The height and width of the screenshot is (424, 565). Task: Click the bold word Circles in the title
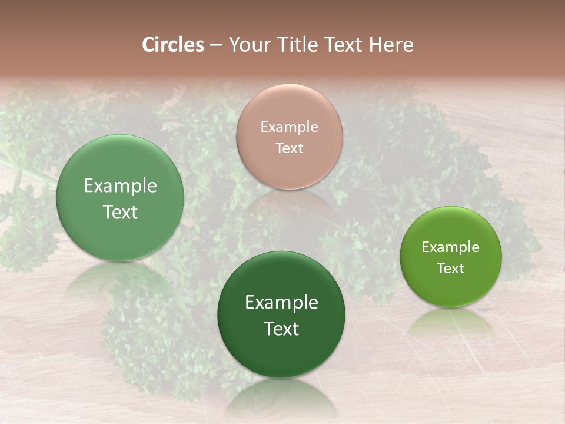coord(172,45)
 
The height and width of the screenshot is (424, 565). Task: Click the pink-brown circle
coord(289,137)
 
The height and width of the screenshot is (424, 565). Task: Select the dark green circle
coord(281,315)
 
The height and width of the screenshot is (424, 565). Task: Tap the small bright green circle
coord(450,257)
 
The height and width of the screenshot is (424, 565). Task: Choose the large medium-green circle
coord(120,198)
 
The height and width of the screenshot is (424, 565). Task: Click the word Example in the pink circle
coord(289,127)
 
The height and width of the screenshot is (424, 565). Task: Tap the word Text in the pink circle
coord(289,148)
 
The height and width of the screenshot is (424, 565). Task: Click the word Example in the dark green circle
coord(281,302)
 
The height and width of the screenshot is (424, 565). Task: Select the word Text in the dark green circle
coord(281,329)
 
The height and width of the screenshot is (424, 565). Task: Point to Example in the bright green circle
coord(450,247)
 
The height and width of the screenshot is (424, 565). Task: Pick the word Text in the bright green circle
coord(450,268)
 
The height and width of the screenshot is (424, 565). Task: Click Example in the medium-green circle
coord(120,185)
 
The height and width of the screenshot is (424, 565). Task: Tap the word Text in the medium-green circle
coord(120,212)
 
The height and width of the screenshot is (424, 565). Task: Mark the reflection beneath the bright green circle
coord(450,324)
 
